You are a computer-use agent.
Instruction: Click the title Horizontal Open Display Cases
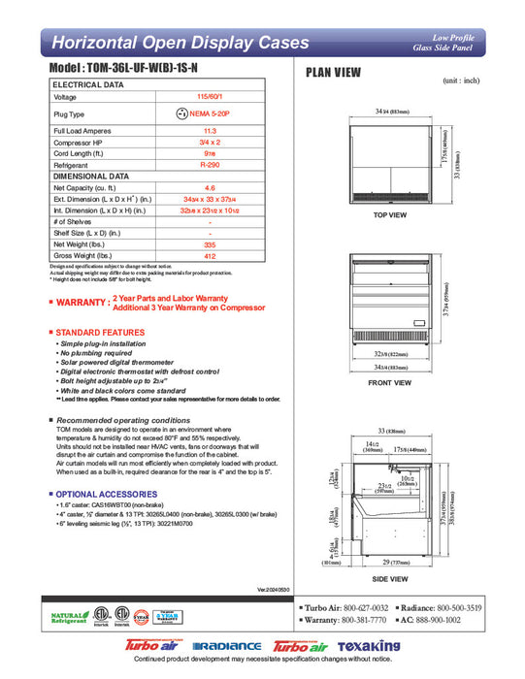[180, 43]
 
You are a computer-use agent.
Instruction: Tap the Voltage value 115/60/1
[210, 97]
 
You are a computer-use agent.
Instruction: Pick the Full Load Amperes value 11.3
[210, 130]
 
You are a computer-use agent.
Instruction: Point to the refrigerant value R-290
[210, 166]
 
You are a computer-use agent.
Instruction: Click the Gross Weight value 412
[210, 257]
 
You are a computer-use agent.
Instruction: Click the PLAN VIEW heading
[335, 72]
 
